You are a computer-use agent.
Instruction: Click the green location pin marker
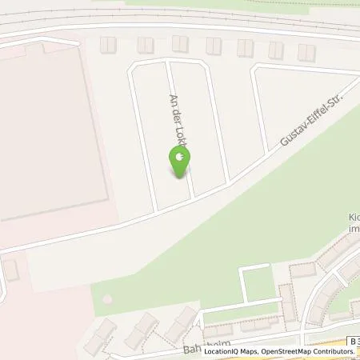(x=180, y=162)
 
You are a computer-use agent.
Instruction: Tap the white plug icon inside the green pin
(x=180, y=160)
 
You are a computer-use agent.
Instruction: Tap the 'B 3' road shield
(x=353, y=341)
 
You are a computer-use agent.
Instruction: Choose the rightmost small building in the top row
(x=306, y=52)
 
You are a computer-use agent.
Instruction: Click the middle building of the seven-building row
(x=213, y=46)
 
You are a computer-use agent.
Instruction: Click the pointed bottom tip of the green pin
(x=180, y=178)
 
